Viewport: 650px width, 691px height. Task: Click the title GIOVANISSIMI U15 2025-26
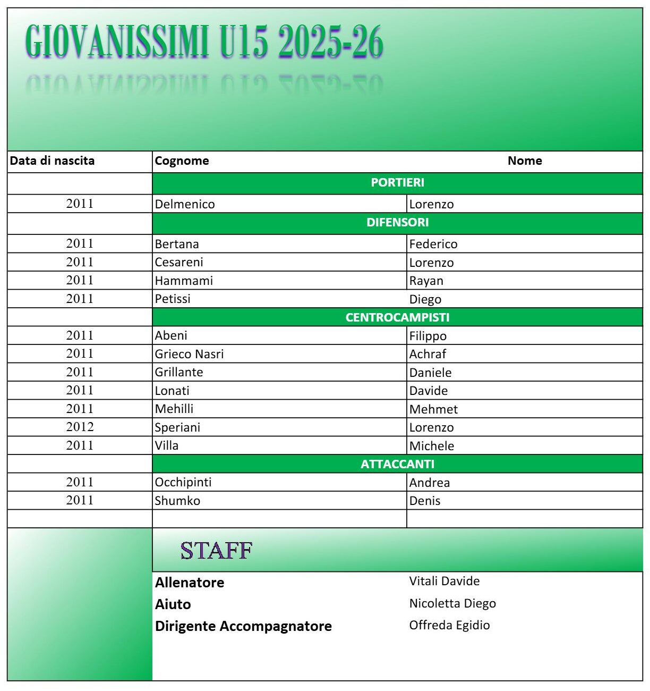point(204,41)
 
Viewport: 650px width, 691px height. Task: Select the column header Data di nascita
point(52,161)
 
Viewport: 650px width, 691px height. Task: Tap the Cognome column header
point(182,161)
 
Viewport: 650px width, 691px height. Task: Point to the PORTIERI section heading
point(397,183)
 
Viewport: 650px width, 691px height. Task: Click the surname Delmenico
point(185,204)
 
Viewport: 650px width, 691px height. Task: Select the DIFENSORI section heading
point(397,223)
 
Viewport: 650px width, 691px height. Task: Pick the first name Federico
point(433,245)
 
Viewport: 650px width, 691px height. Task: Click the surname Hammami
point(184,281)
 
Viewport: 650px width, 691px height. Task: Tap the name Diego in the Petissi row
point(425,299)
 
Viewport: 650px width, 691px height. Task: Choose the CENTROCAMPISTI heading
point(397,318)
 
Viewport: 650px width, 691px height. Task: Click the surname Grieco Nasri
point(189,354)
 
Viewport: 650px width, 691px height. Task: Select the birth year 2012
point(80,427)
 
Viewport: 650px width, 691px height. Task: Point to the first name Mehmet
point(433,409)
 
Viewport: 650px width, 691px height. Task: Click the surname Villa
point(167,445)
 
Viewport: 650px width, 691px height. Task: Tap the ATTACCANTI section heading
point(397,465)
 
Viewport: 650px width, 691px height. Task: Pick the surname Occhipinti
point(183,482)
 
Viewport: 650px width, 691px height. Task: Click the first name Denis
point(425,501)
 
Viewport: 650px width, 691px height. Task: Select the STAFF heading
point(216,551)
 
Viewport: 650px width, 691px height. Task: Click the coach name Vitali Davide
point(444,582)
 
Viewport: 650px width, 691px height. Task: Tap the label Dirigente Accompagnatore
point(243,626)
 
